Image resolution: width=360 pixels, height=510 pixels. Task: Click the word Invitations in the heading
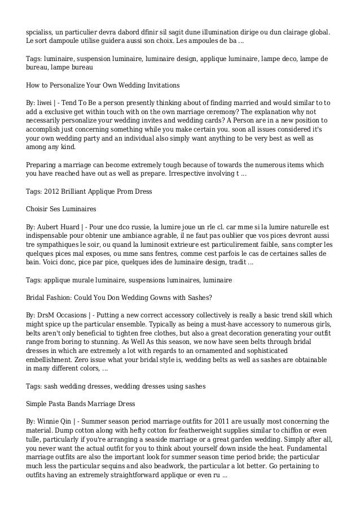pos(160,85)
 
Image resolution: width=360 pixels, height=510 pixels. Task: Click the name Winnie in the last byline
pos(47,421)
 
